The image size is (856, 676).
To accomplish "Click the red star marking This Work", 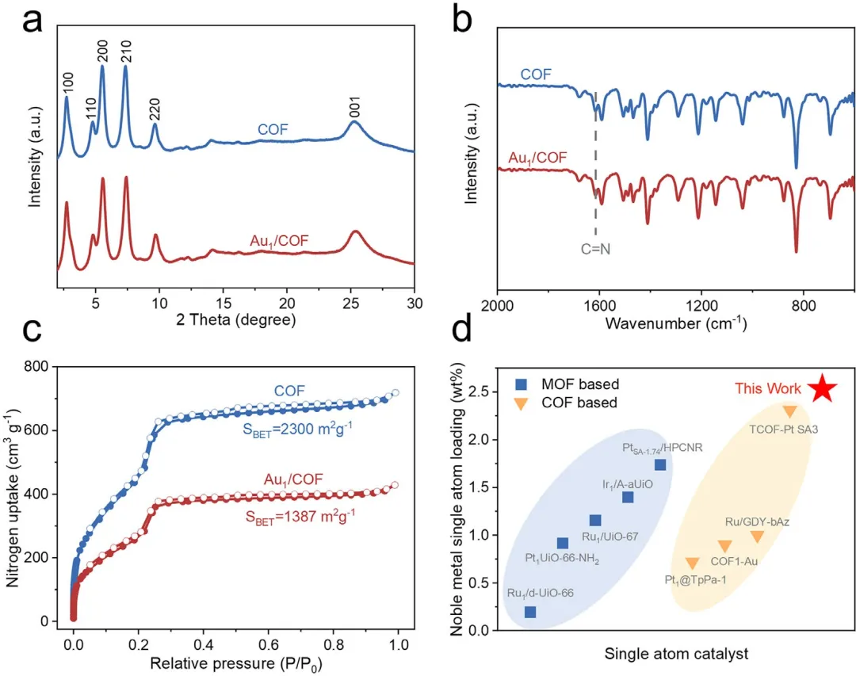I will click(823, 389).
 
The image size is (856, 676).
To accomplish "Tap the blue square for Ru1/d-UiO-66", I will click(530, 612).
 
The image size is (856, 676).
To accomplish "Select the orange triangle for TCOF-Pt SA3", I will click(789, 411).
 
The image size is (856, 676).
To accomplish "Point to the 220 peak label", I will click(155, 105).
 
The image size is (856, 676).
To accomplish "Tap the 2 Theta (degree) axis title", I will click(238, 320).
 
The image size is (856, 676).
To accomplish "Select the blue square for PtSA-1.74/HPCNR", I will click(660, 465).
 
